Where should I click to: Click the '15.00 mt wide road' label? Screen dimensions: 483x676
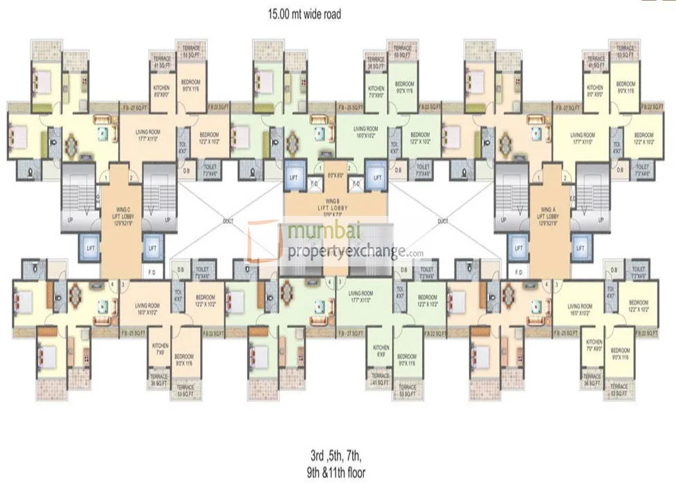[x=304, y=12]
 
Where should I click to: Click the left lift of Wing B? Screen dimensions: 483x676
[x=294, y=177]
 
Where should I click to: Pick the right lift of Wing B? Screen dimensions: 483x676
[x=376, y=177]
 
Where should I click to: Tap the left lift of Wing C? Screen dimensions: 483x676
[x=90, y=247]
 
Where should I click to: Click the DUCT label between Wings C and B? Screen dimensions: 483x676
[x=228, y=222]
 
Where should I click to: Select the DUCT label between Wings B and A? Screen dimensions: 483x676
[x=444, y=222]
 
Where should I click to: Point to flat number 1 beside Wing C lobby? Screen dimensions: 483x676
[x=105, y=178]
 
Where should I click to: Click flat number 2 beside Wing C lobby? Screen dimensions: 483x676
[x=131, y=178]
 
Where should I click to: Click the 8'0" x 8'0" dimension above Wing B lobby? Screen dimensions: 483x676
[x=335, y=175]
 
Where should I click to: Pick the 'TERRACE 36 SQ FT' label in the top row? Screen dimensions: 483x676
[x=376, y=62]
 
